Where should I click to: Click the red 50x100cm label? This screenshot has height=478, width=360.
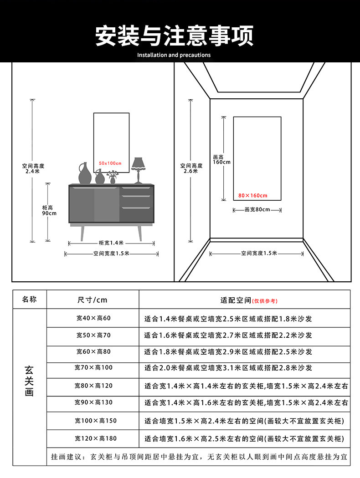pos(110,163)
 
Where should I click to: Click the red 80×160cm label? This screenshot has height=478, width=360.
pos(253,196)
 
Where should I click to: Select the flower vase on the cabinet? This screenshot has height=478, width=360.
pos(113,177)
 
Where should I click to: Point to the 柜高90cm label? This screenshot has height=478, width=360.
pos(49,210)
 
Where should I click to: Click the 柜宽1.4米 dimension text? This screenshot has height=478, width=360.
pos(111,243)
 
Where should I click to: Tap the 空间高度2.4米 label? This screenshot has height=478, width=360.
pos(33,168)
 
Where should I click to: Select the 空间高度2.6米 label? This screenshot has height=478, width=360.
pos(191,168)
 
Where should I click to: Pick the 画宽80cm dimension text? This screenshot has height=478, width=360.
pos(257,210)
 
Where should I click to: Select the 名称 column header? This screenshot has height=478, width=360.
pos(29,300)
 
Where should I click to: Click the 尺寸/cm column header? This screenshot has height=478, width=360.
pos(93,300)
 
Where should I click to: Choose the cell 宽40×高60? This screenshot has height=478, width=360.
pos(93,318)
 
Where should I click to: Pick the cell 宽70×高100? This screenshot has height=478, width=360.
pos(93,367)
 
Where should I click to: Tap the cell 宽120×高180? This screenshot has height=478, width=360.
pos(93,438)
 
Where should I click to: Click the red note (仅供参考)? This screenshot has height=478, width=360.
pos(264,301)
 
